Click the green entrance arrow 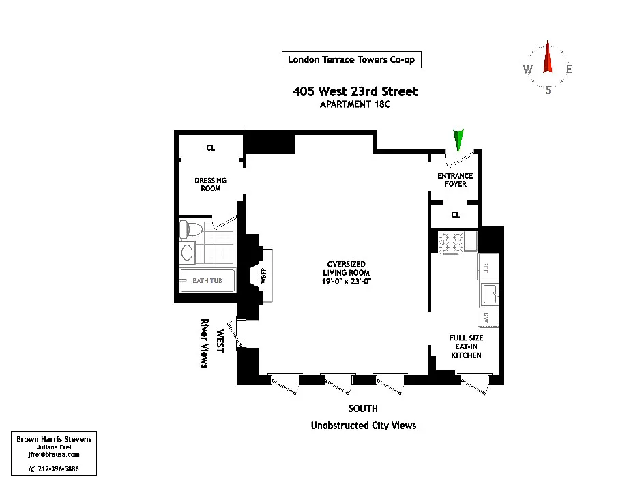(458, 140)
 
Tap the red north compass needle (547, 57)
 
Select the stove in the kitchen (451, 242)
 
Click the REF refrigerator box (488, 267)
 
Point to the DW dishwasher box (488, 317)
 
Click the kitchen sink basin (489, 294)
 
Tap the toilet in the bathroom (191, 230)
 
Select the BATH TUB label (207, 281)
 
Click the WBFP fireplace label (264, 276)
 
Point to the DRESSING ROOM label (210, 184)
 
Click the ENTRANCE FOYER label (455, 180)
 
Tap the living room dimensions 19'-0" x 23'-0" (347, 281)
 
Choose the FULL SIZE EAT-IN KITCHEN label (466, 346)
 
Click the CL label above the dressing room (210, 148)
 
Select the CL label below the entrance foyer (455, 215)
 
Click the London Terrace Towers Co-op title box (351, 60)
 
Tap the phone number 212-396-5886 (58, 469)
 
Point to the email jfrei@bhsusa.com (54, 455)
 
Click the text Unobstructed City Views (364, 426)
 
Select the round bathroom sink (187, 252)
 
